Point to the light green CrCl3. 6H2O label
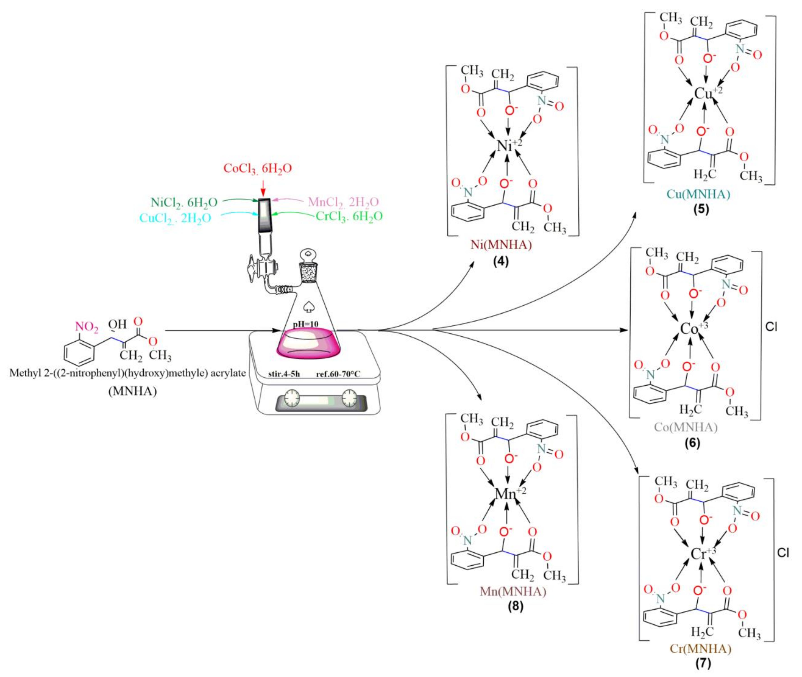pos(349,217)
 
